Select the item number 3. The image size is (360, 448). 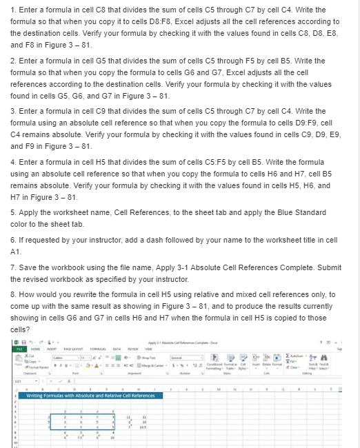pos(13,111)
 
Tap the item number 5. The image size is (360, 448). pos(13,213)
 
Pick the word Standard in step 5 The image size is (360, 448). pos(314,213)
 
